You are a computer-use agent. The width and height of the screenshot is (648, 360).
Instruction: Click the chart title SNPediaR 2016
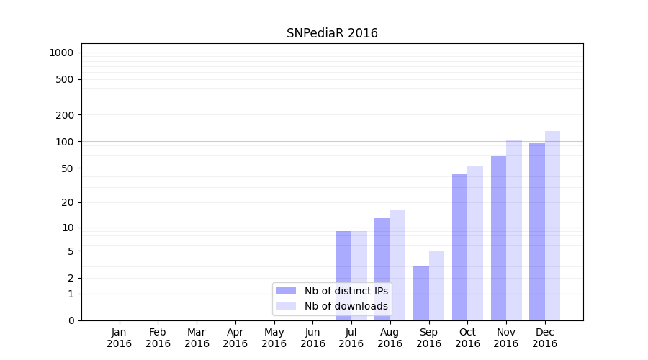pos(332,33)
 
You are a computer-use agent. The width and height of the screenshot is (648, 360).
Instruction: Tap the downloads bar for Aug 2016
pos(398,265)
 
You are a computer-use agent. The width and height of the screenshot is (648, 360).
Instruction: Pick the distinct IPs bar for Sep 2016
pos(421,293)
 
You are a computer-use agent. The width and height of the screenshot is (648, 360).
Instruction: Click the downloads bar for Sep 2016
pos(436,285)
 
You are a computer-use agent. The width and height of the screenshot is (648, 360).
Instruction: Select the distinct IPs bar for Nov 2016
pos(498,238)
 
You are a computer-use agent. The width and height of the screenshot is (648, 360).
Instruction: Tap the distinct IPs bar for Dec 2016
pos(537,231)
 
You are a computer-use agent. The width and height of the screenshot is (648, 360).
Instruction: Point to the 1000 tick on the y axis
pos(62,53)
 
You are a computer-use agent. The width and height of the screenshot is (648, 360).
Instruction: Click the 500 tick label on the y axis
pos(65,79)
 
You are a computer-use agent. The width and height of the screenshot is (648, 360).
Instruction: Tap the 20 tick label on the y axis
pos(68,202)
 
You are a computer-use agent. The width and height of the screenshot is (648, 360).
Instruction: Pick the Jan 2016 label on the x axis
pos(120,338)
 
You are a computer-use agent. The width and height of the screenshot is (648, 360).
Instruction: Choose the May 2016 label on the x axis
pos(274,338)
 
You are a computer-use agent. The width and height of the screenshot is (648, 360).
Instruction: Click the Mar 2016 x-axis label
pos(197,338)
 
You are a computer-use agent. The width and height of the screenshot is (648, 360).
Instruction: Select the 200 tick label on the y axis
pos(65,115)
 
